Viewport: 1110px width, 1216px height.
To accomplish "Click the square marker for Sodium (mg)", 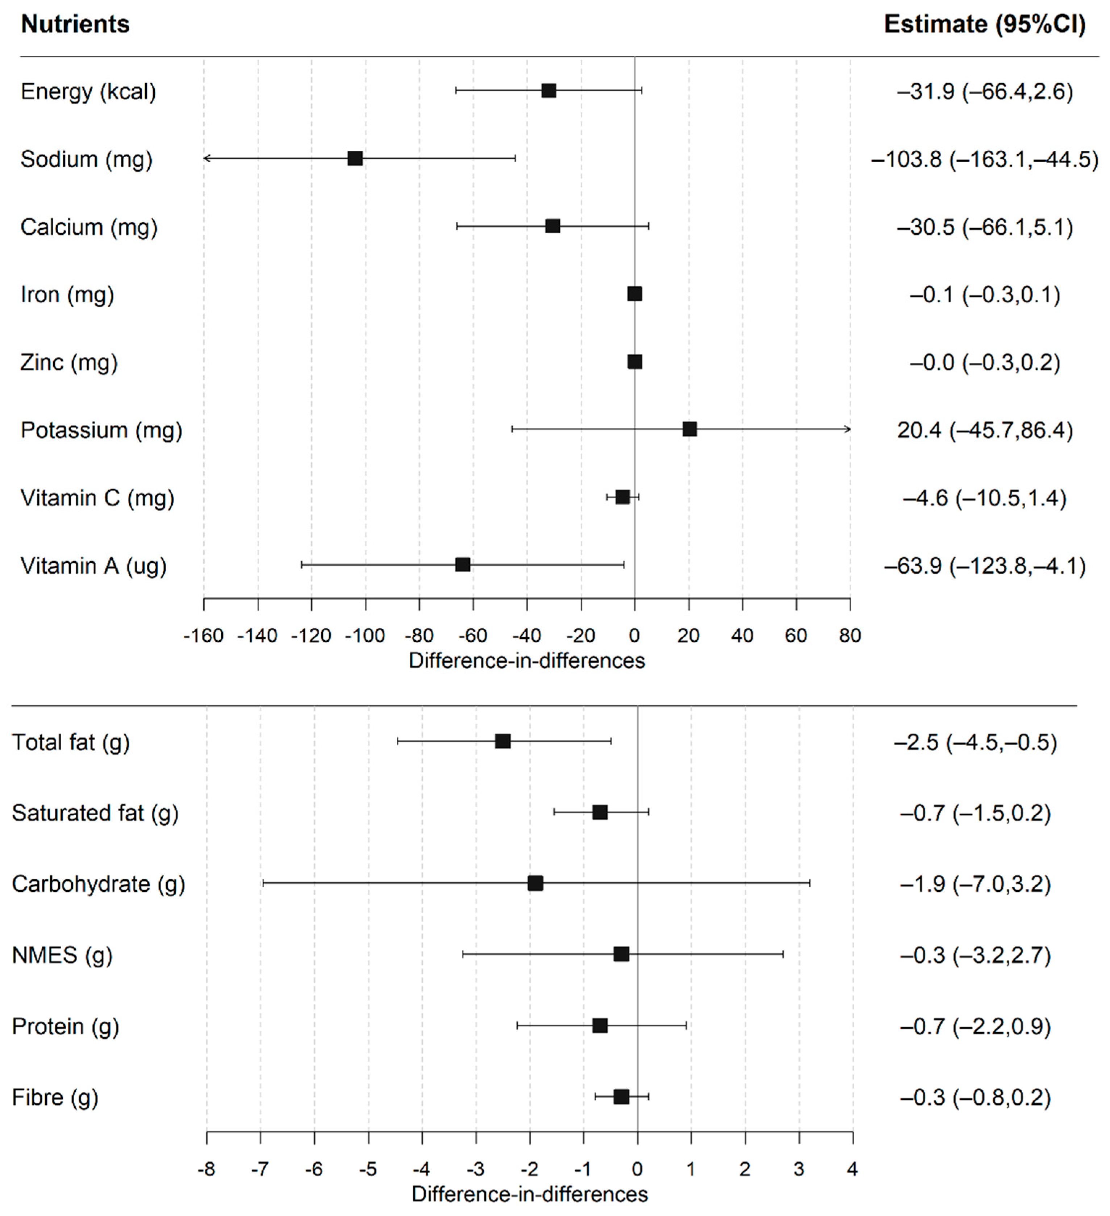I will tap(355, 159).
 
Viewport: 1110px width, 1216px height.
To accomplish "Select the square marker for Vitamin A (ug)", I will tap(463, 565).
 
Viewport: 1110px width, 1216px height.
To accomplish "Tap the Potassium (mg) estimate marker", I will tap(689, 429).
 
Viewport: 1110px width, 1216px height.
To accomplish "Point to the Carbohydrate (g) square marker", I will tap(535, 883).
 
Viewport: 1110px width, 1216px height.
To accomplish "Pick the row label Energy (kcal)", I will tap(88, 92).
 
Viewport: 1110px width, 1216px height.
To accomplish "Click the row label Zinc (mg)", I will tap(69, 362).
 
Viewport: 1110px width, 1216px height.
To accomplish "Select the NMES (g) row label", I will tap(62, 955).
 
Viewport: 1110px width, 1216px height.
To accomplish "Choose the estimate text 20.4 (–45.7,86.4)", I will tap(985, 430).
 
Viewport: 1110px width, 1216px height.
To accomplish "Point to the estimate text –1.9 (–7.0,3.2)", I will tap(975, 884).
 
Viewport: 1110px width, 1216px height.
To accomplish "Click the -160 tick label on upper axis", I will tap(204, 635).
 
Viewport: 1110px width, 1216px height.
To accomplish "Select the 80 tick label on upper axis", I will tap(850, 635).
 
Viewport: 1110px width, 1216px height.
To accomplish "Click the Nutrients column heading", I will tap(75, 24).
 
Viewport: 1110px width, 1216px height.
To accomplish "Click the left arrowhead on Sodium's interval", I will tap(206, 159).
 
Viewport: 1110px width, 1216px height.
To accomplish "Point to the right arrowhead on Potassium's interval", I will tap(848, 429).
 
